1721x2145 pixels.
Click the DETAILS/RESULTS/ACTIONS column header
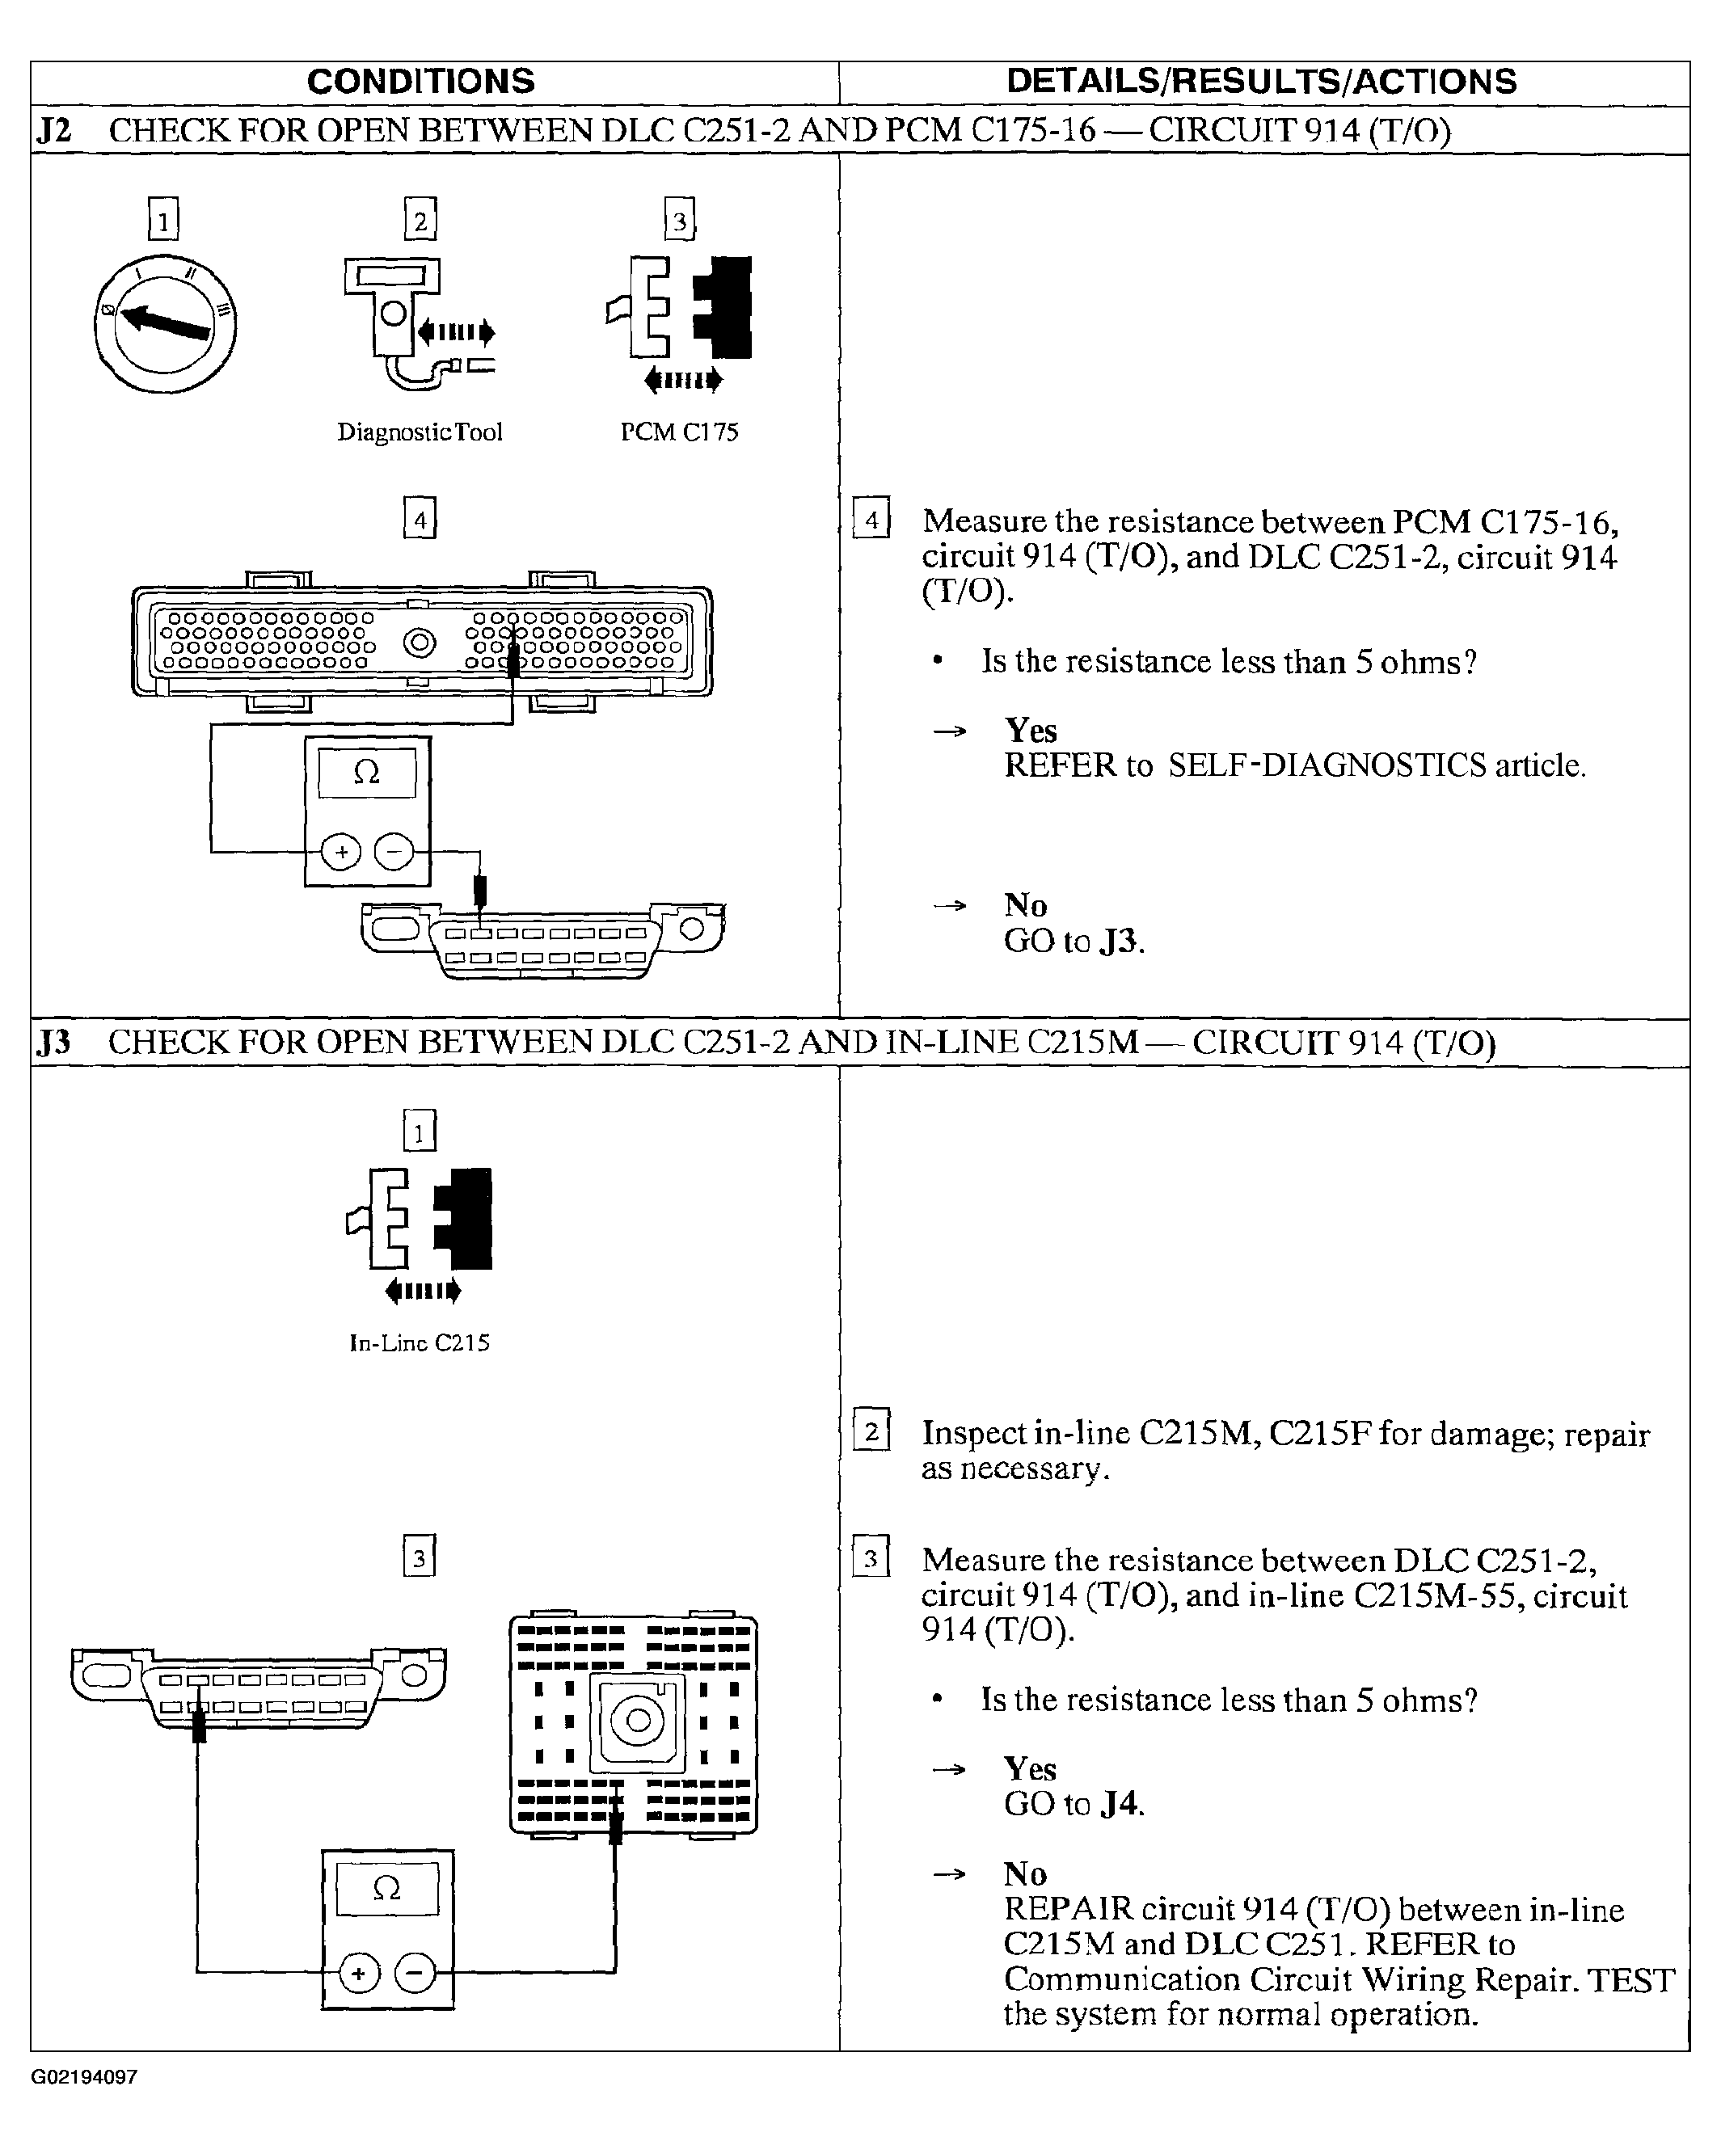pyautogui.click(x=1260, y=82)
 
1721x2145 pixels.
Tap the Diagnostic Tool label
pyautogui.click(x=420, y=432)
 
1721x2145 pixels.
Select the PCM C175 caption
pyautogui.click(x=680, y=432)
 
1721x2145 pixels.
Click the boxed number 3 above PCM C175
pyautogui.click(x=680, y=220)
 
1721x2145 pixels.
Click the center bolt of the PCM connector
pyautogui.click(x=419, y=643)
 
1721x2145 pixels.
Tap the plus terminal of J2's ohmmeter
pyautogui.click(x=341, y=853)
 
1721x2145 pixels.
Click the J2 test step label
pyautogui.click(x=53, y=131)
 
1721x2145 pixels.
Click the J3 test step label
pyautogui.click(x=53, y=1043)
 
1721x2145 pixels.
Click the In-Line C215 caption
pyautogui.click(x=419, y=1343)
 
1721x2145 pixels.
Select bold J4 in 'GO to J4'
pyautogui.click(x=1119, y=1804)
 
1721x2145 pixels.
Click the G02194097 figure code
pyautogui.click(x=85, y=2076)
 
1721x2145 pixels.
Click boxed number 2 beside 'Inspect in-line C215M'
pyautogui.click(x=871, y=1431)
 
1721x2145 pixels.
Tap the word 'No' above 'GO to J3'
pyautogui.click(x=1025, y=905)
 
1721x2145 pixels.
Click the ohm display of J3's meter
pyautogui.click(x=387, y=1890)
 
